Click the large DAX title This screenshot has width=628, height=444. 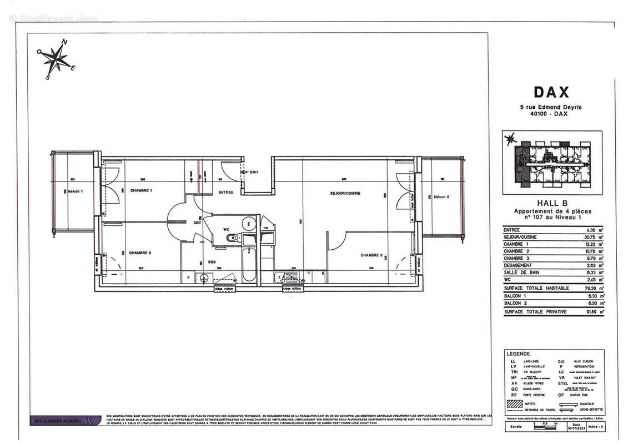pos(551,92)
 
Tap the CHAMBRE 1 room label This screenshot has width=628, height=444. pos(141,190)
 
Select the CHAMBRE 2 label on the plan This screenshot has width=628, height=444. pos(140,253)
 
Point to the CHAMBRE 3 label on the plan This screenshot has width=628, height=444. pos(371,255)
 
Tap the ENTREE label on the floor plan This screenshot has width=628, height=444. pos(225,192)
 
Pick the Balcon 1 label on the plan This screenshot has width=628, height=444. pos(74,191)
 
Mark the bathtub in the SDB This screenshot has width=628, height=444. pos(249,265)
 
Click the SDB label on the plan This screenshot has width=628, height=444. pos(212,261)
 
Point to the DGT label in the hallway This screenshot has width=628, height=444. pos(189,223)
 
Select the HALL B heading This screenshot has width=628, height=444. pos(551,203)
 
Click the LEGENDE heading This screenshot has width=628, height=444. pos(518,354)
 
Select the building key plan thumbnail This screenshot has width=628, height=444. pos(551,162)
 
